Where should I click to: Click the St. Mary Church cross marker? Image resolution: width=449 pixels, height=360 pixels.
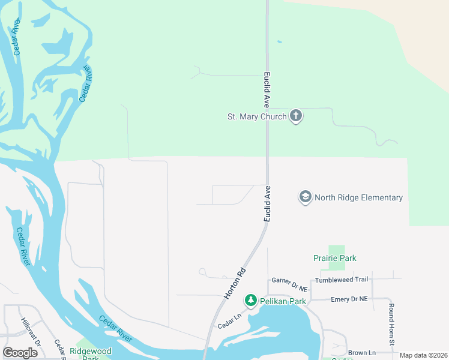[x=295, y=116]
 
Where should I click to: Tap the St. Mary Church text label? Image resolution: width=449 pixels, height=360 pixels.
[x=256, y=116]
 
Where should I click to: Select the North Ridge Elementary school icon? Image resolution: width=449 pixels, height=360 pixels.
[x=306, y=197]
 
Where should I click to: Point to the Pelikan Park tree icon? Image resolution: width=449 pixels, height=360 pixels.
[x=250, y=301]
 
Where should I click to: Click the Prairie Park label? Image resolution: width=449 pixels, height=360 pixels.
[x=335, y=258]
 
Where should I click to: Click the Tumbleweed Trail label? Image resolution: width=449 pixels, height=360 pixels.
[x=341, y=280]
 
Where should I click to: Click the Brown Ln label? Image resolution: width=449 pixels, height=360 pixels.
[x=362, y=353]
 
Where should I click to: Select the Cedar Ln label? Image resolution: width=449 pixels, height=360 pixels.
[x=229, y=323]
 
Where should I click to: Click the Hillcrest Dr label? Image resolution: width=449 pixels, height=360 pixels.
[x=30, y=332]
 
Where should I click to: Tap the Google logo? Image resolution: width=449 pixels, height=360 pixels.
[x=20, y=353]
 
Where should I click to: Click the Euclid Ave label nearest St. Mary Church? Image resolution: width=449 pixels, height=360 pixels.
[x=267, y=90]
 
